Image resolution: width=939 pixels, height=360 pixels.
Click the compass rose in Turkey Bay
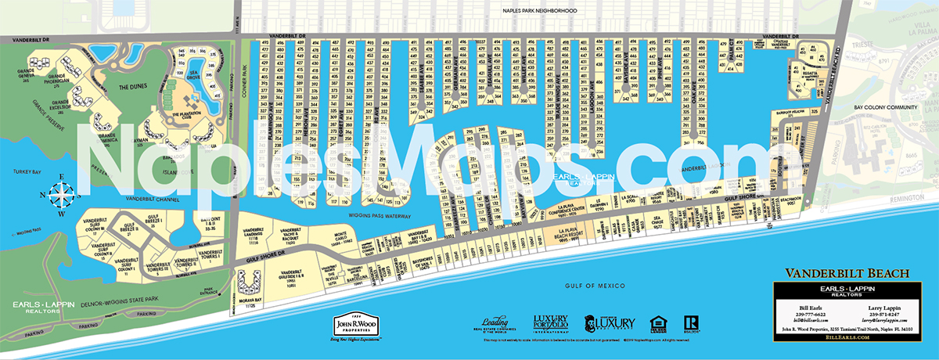[60, 193]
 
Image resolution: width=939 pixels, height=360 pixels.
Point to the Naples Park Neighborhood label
[539, 11]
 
